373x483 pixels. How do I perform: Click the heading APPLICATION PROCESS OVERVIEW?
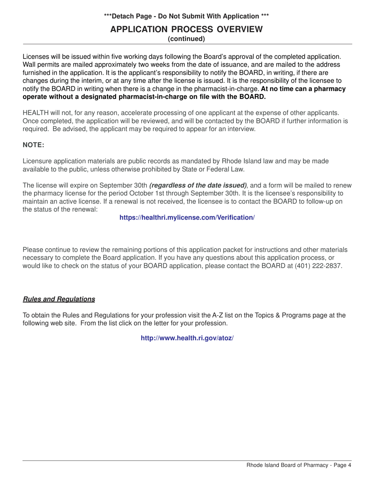pyautogui.click(x=186, y=29)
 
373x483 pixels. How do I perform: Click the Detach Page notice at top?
pyautogui.click(x=186, y=16)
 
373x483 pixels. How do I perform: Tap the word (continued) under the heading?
pyautogui.click(x=186, y=39)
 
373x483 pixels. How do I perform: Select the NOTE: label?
pyautogui.click(x=33, y=145)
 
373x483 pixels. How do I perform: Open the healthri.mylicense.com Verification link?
pyautogui.click(x=187, y=218)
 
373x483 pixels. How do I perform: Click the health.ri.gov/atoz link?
pyautogui.click(x=187, y=338)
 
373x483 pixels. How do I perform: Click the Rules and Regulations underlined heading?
pyautogui.click(x=59, y=299)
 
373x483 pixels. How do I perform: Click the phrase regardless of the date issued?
pyautogui.click(x=198, y=185)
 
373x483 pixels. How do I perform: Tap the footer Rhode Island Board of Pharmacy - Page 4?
pyautogui.click(x=298, y=465)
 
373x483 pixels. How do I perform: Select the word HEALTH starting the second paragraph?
pyautogui.click(x=36, y=113)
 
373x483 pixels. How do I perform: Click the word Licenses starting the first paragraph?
pyautogui.click(x=36, y=57)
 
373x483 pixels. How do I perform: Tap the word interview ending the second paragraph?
pyautogui.click(x=241, y=129)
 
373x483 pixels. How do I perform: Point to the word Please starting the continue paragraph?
pyautogui.click(x=33, y=250)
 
